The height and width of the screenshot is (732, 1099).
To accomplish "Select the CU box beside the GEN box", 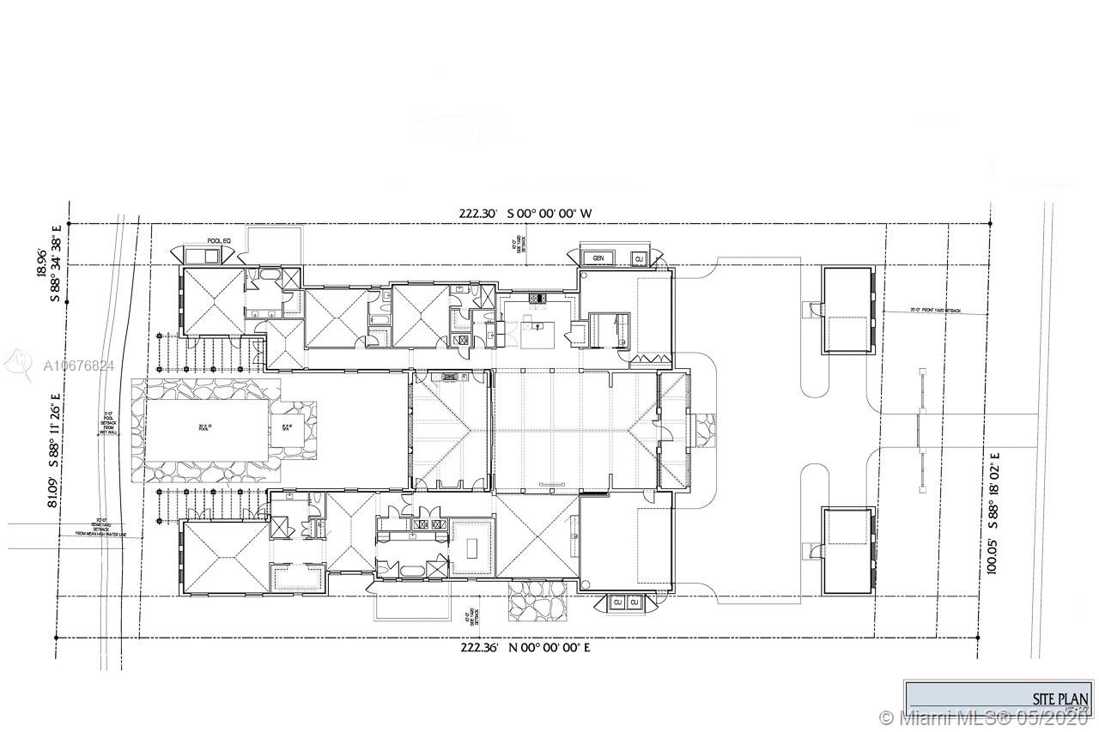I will click(639, 257).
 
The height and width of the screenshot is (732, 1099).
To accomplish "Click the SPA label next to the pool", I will click(287, 426).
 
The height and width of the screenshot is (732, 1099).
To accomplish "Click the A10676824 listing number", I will click(78, 366).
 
